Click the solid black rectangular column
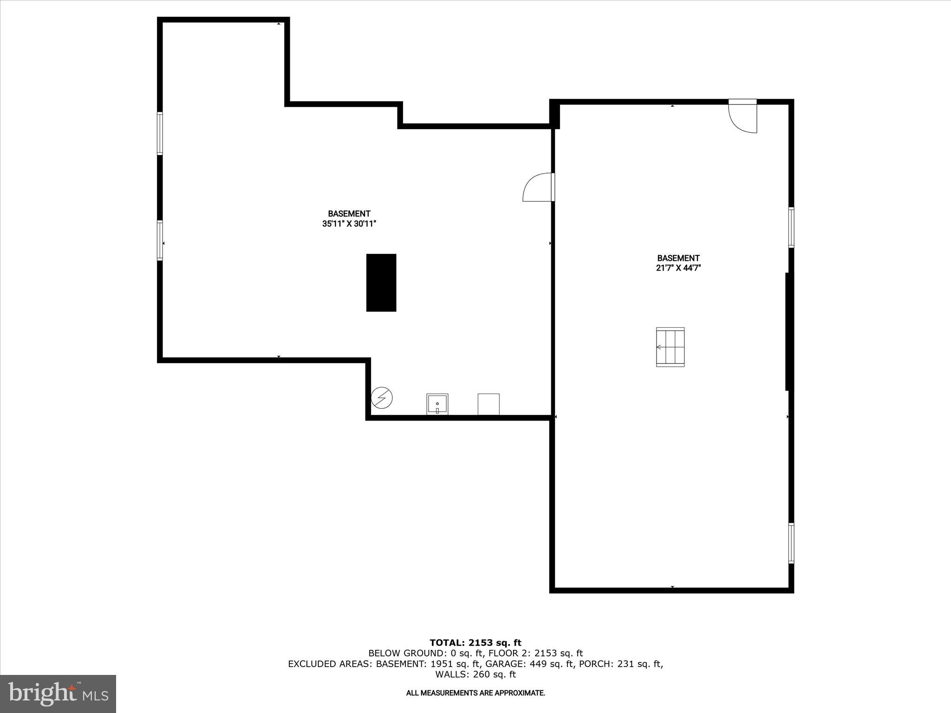381,282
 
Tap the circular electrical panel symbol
382,398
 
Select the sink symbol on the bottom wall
437,404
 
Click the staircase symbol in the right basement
670,347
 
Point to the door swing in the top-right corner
743,117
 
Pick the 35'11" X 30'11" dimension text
349,224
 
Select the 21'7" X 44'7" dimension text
678,268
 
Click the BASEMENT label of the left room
349,214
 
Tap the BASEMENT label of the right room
678,258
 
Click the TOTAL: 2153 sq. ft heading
475,643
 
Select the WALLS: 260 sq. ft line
475,674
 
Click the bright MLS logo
58,694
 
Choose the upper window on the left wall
160,133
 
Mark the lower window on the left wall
160,240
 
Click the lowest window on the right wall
791,543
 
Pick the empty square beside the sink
489,404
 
